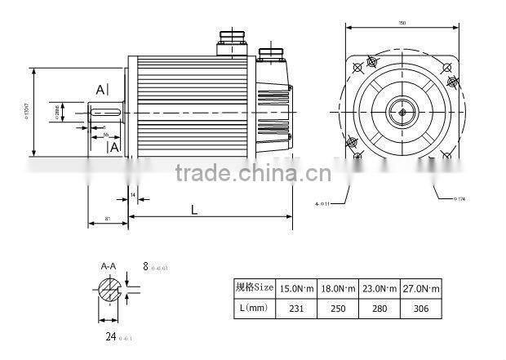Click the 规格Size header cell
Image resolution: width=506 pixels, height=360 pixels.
tap(251, 288)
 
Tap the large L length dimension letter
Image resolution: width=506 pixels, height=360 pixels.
tap(193, 210)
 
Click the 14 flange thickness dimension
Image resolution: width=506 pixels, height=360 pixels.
tap(133, 195)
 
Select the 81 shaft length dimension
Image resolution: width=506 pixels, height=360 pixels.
tap(108, 220)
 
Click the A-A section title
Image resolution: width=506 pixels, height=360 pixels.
tap(108, 267)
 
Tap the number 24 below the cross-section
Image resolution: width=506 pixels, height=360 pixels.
tap(108, 335)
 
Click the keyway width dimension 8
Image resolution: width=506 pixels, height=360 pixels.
tap(145, 266)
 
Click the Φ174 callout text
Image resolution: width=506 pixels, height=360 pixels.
tap(461, 198)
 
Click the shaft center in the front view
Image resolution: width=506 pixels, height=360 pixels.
tap(402, 109)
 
